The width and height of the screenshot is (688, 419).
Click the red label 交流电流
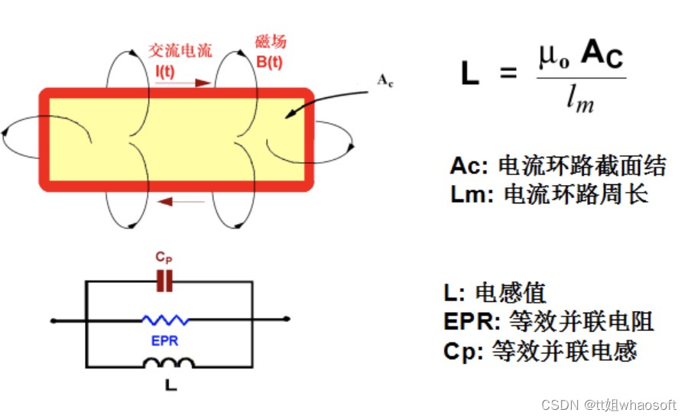click(x=180, y=50)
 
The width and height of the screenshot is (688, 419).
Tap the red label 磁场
click(x=270, y=42)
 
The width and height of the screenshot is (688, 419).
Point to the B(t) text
click(x=269, y=61)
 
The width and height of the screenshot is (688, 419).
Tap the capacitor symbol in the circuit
click(x=164, y=282)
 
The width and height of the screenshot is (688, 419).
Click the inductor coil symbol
click(x=169, y=362)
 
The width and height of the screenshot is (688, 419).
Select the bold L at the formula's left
click(x=469, y=73)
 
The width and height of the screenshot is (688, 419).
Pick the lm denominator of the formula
click(x=579, y=99)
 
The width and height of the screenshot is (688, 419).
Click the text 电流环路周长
click(x=576, y=193)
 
